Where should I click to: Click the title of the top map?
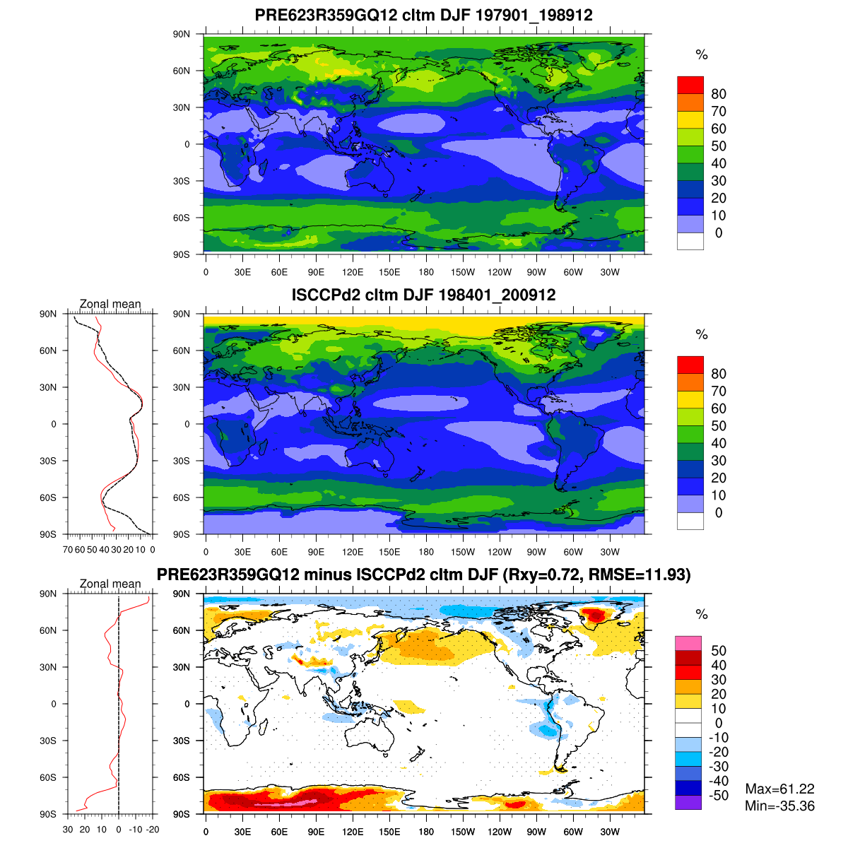click(x=424, y=15)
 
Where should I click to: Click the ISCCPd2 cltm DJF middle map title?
click(x=424, y=295)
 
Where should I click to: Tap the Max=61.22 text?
click(x=779, y=789)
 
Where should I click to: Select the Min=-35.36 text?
click(x=779, y=806)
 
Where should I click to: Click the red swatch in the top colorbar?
click(x=690, y=85)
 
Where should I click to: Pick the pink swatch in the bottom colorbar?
click(x=688, y=643)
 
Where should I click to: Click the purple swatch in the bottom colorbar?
click(x=688, y=803)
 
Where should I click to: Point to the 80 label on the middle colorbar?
click(x=719, y=374)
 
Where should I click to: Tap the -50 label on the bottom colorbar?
click(x=719, y=796)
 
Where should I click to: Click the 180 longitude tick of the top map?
click(x=426, y=273)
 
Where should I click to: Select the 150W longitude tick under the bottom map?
click(x=463, y=832)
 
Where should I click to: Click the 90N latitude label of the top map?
click(x=182, y=34)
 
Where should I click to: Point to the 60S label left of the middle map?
click(x=182, y=497)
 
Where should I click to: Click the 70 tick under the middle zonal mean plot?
click(x=69, y=549)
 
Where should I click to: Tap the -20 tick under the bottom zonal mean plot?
click(x=152, y=829)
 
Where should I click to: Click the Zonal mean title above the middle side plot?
click(x=110, y=304)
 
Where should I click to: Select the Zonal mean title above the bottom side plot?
click(x=110, y=584)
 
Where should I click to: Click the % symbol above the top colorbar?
click(x=701, y=55)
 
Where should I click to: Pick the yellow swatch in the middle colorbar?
click(x=690, y=399)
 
